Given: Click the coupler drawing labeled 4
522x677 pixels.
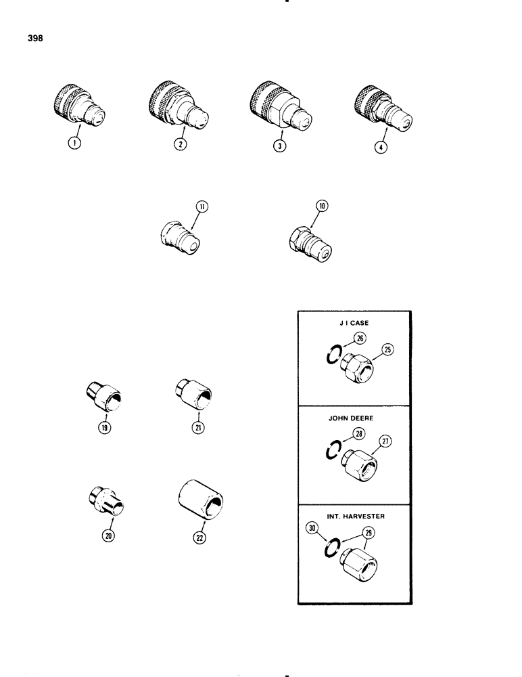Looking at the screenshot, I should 382,112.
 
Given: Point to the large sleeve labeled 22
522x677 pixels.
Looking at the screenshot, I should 202,501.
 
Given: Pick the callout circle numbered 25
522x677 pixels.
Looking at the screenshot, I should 387,349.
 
